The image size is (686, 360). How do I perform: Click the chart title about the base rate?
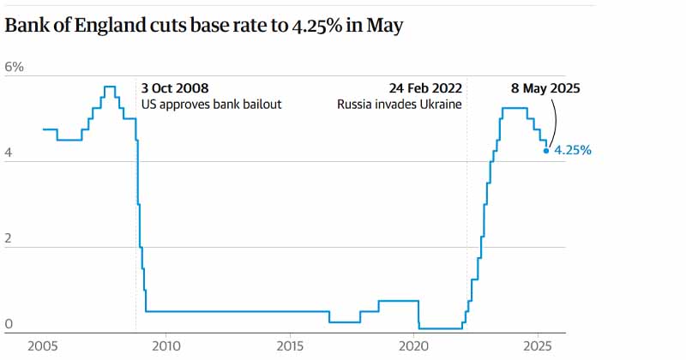(x=204, y=27)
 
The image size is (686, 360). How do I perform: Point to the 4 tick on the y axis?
(x=9, y=152)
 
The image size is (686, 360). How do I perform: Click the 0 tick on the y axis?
(x=9, y=323)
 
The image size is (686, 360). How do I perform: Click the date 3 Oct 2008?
(x=174, y=88)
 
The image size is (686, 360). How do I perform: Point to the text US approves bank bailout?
(x=211, y=105)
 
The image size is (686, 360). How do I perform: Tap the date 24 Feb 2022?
(x=424, y=88)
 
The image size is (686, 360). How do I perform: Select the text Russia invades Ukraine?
(x=399, y=105)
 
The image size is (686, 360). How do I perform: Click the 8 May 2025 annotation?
(x=545, y=88)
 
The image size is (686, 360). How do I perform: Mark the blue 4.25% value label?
(x=573, y=150)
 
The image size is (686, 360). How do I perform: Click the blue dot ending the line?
(x=547, y=150)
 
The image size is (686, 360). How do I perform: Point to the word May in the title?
(x=385, y=27)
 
